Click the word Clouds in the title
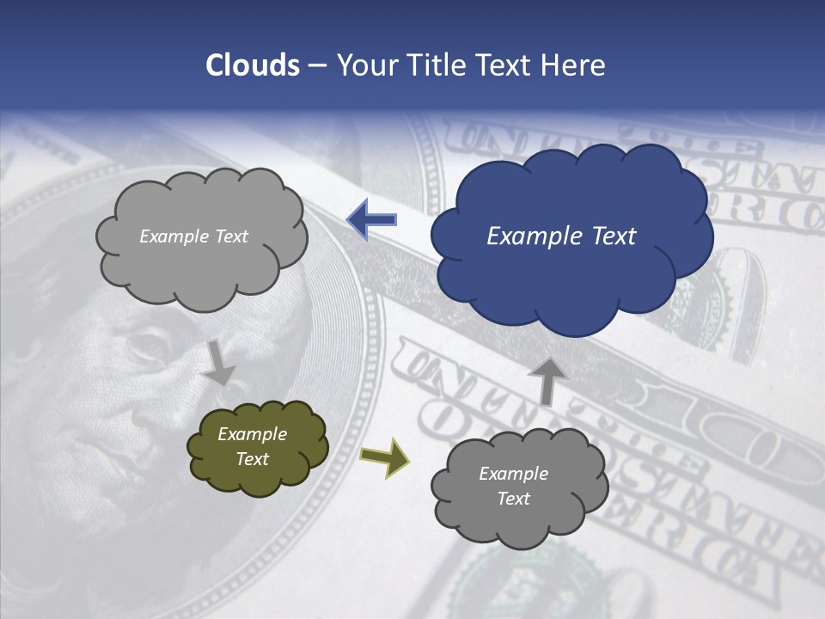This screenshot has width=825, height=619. [x=252, y=65]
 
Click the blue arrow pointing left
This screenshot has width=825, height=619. [x=371, y=219]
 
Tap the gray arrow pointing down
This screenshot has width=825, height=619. [x=219, y=362]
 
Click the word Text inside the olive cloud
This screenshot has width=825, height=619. [x=253, y=459]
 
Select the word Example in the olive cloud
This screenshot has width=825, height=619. [x=252, y=434]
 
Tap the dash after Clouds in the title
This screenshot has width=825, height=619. [x=317, y=66]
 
